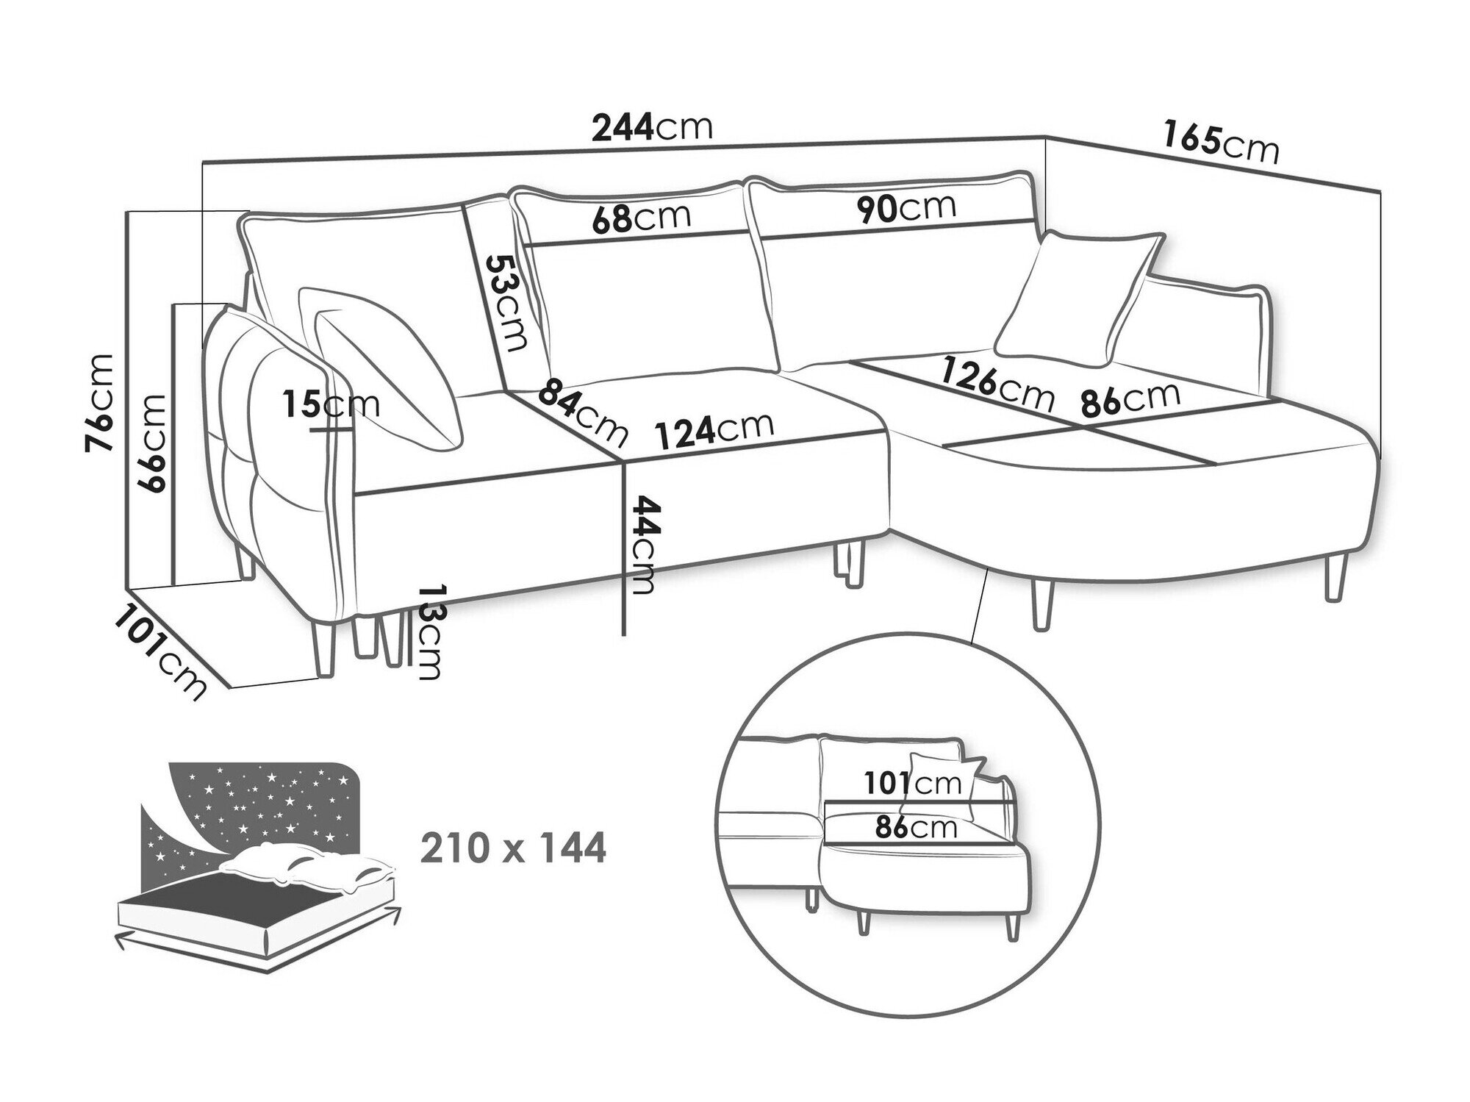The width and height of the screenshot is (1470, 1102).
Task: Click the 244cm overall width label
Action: coord(653,128)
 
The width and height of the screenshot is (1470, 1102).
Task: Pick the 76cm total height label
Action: coord(100,402)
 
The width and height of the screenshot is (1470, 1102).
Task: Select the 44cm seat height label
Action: coord(639,544)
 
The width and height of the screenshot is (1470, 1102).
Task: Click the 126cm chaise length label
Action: coord(997,383)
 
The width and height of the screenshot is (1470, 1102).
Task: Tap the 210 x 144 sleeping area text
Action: coord(513,848)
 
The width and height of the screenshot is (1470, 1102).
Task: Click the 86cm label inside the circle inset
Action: coord(916,828)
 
